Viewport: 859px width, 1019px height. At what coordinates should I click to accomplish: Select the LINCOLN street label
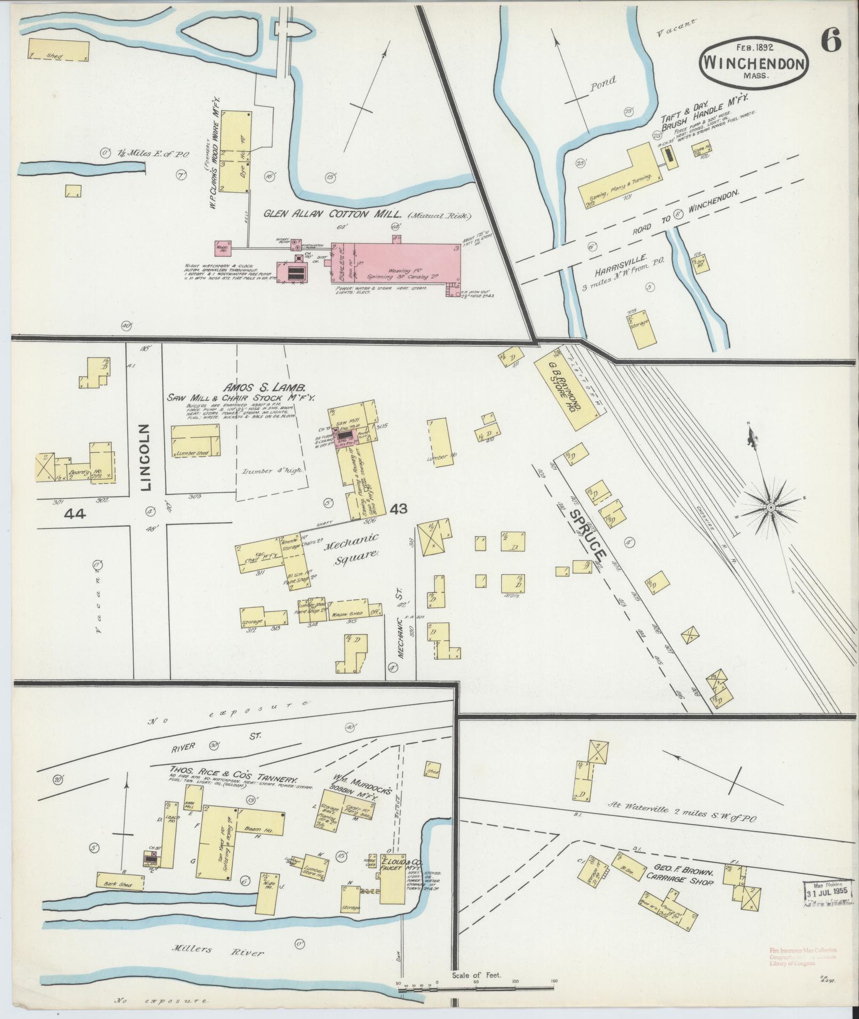click(x=147, y=456)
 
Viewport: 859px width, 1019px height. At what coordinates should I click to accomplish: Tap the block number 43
click(x=398, y=509)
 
